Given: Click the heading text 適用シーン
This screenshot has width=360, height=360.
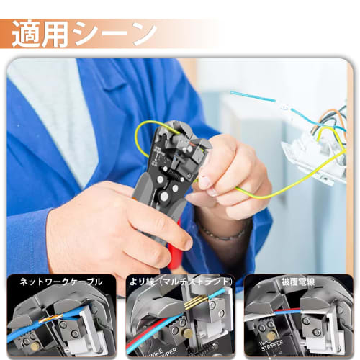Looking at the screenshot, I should pos(86,33).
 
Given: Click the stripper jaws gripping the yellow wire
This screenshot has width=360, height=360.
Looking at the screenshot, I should pos(183,148).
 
